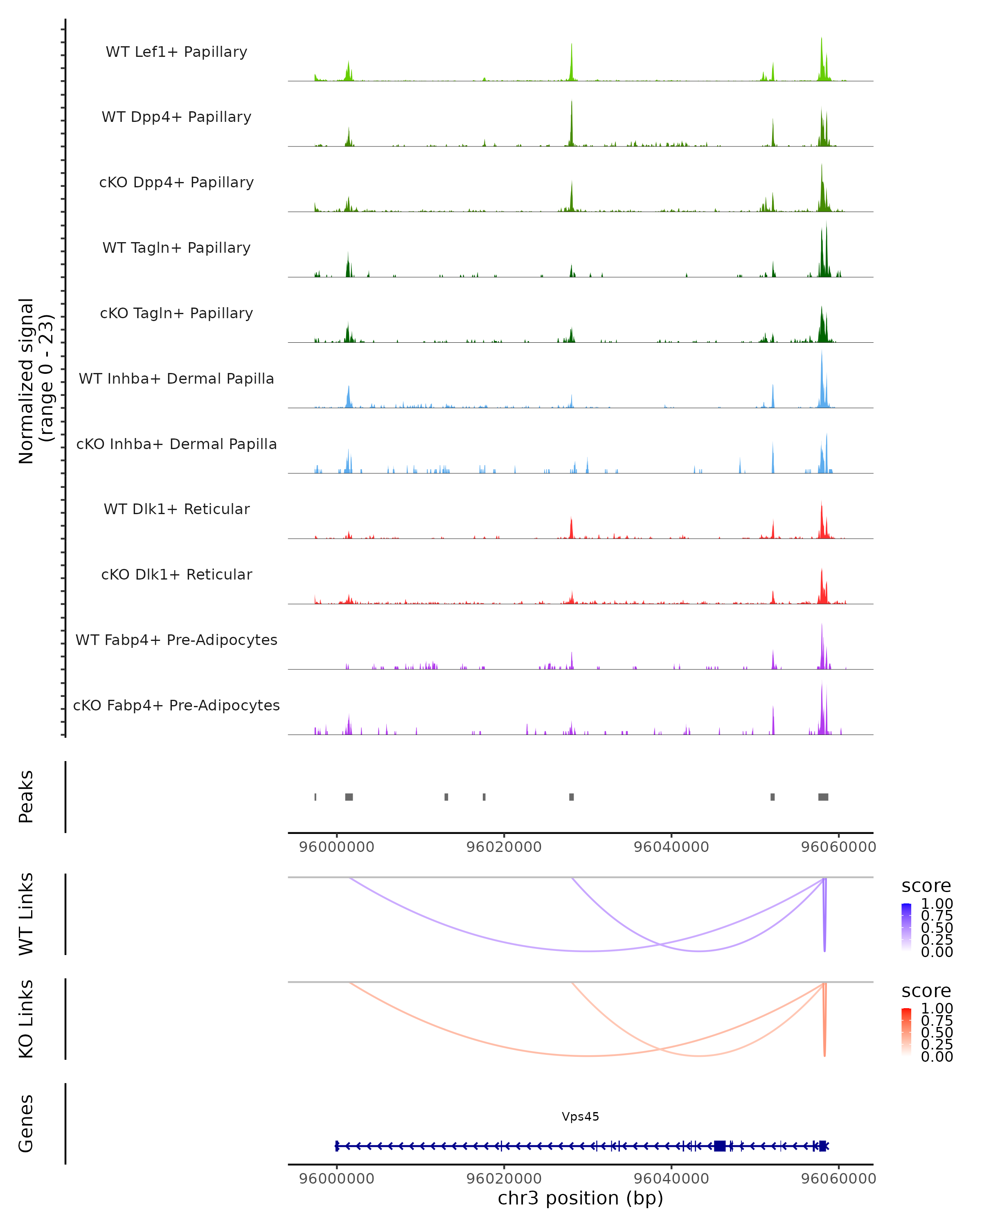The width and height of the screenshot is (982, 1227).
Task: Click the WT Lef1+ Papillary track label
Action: [x=176, y=52]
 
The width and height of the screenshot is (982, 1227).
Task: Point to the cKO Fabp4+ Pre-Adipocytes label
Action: [x=176, y=705]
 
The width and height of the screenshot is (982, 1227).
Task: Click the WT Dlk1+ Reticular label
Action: [x=176, y=509]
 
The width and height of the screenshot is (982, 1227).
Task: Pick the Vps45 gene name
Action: [x=580, y=1117]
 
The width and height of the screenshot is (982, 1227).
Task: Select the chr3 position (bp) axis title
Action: [x=580, y=1198]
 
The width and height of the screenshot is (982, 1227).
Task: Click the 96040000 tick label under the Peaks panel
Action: [x=671, y=847]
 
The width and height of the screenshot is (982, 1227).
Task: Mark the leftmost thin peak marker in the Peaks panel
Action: [x=315, y=797]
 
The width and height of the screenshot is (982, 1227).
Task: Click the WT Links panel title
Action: [x=26, y=914]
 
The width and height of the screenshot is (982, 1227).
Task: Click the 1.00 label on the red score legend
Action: [x=937, y=1009]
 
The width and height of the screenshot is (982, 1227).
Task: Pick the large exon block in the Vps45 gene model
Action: [x=720, y=1146]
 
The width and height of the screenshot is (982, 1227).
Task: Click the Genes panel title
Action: [x=26, y=1124]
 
